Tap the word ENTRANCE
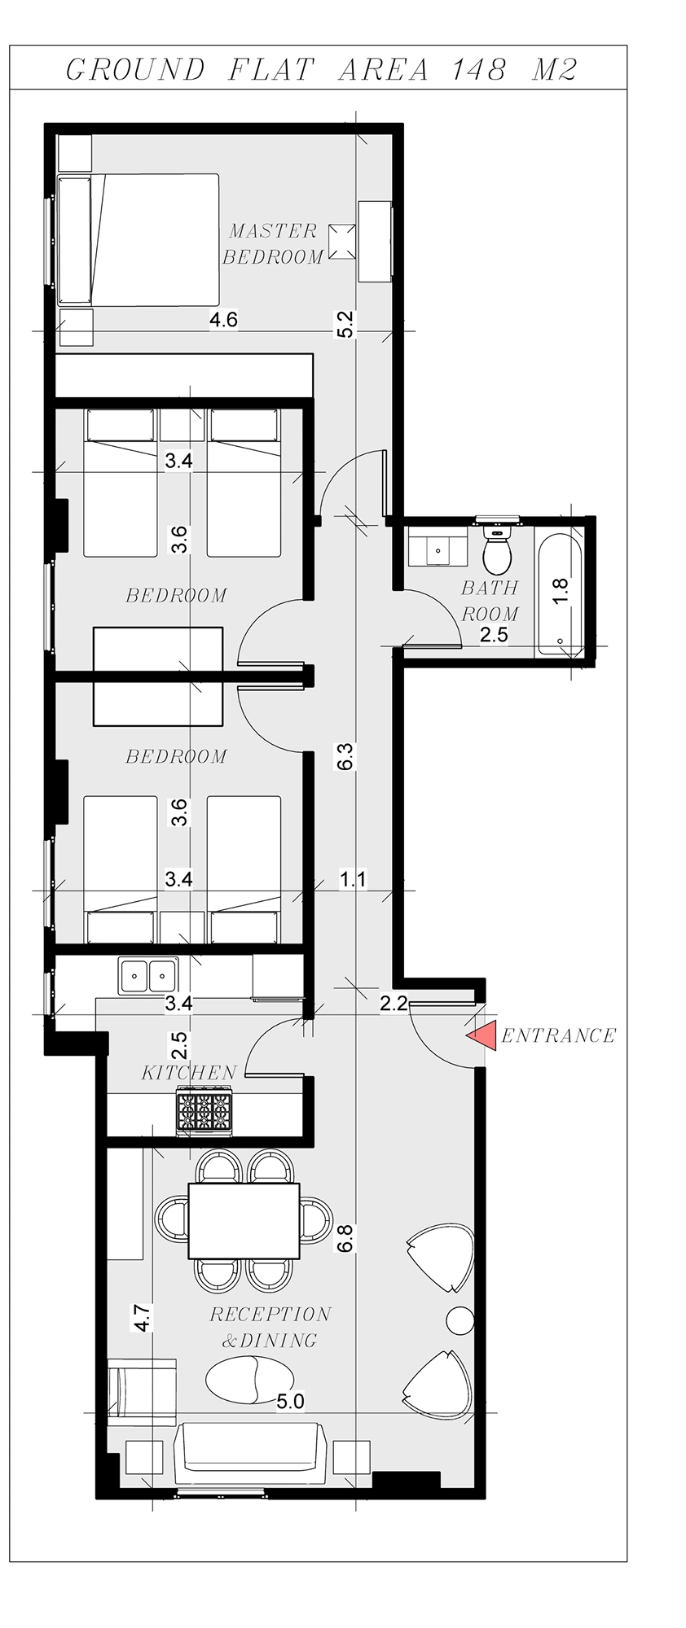[558, 1035]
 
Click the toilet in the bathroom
[496, 551]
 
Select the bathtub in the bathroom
[559, 589]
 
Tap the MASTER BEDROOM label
[273, 243]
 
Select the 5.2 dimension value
[345, 325]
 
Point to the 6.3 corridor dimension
[345, 756]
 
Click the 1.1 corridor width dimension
[353, 879]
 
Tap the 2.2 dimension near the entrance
[393, 1004]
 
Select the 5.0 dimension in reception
[290, 1402]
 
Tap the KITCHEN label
[189, 1073]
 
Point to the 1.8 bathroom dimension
[561, 589]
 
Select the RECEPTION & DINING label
[270, 1327]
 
